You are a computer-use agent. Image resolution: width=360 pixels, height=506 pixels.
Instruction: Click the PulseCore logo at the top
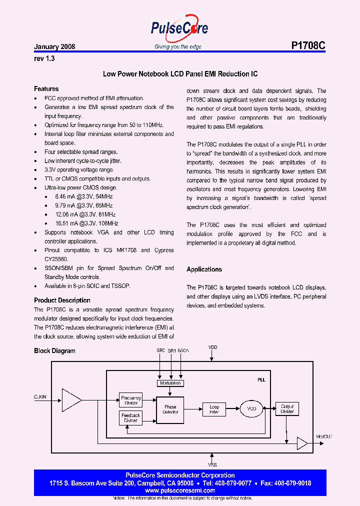click(x=179, y=29)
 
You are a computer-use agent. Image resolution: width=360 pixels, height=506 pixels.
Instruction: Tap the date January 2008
click(x=54, y=46)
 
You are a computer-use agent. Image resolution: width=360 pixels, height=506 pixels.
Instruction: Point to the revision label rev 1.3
click(x=44, y=58)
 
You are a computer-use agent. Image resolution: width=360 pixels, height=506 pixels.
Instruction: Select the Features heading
click(x=46, y=89)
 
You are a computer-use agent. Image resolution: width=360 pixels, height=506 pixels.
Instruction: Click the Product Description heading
click(x=62, y=300)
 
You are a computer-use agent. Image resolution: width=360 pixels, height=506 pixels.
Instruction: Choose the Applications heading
click(x=204, y=269)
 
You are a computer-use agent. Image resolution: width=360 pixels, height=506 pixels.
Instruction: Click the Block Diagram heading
click(x=54, y=351)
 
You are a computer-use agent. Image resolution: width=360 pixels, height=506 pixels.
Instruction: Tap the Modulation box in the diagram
click(x=170, y=383)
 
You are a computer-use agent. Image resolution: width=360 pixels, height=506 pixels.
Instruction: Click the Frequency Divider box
click(x=131, y=400)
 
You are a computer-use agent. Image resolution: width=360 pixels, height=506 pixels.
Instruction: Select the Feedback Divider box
click(x=131, y=417)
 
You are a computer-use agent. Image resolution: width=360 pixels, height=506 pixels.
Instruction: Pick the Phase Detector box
click(x=170, y=409)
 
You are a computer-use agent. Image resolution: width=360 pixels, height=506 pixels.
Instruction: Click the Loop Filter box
click(x=214, y=409)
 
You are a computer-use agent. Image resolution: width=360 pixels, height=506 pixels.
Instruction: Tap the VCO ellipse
click(x=251, y=409)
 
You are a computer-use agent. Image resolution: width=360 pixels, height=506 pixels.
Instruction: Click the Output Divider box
click(x=287, y=409)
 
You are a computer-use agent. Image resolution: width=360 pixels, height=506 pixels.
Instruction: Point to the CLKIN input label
click(x=40, y=396)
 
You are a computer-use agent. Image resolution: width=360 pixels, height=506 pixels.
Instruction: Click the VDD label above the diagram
click(x=213, y=346)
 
